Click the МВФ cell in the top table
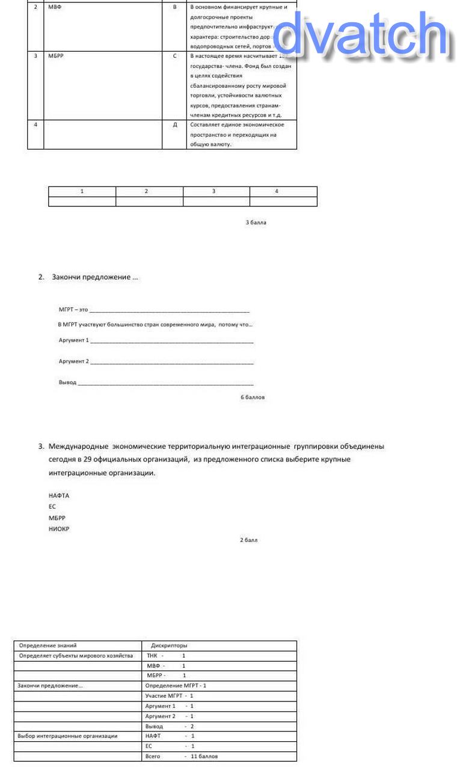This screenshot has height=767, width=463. pyautogui.click(x=55, y=7)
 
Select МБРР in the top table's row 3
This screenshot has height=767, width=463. pyautogui.click(x=56, y=56)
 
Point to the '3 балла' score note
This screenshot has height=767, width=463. pyautogui.click(x=256, y=223)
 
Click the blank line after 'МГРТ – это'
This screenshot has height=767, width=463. pyautogui.click(x=168, y=310)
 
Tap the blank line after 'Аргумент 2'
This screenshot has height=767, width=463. pyautogui.click(x=171, y=362)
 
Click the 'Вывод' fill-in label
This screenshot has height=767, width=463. pyautogui.click(x=67, y=383)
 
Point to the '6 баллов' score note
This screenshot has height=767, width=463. pyautogui.click(x=253, y=398)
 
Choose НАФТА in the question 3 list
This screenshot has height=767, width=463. pyautogui.click(x=59, y=496)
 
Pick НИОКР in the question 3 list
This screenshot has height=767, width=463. pyautogui.click(x=59, y=529)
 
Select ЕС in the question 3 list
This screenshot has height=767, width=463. pyautogui.click(x=52, y=507)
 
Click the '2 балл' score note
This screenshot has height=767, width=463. pyautogui.click(x=248, y=540)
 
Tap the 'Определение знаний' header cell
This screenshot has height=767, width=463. pyautogui.click(x=48, y=645)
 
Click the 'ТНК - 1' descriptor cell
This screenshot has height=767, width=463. pyautogui.click(x=166, y=656)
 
